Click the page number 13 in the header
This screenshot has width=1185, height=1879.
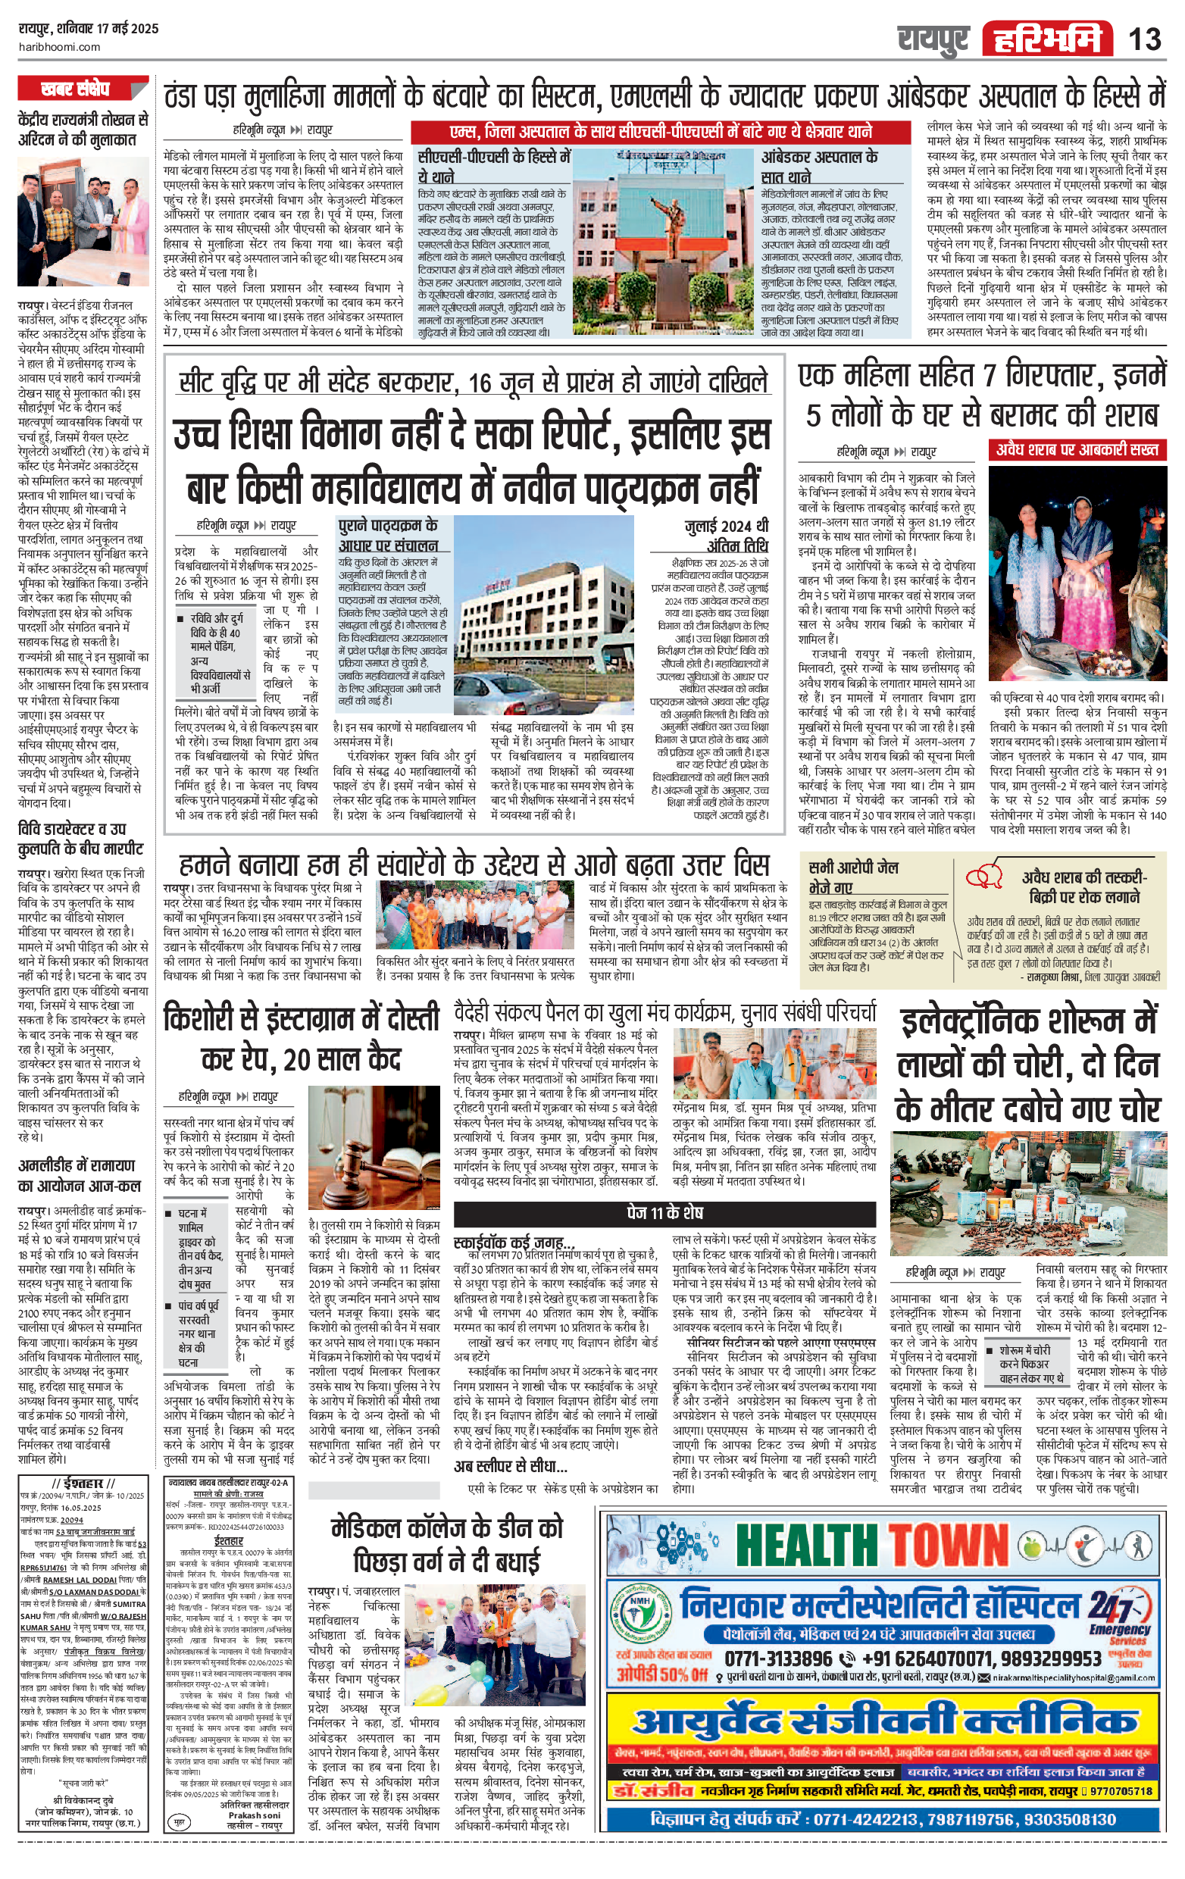tap(1144, 38)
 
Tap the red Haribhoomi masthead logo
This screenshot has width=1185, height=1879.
tap(1048, 38)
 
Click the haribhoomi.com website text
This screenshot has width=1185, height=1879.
tap(59, 47)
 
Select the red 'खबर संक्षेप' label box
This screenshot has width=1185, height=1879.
tap(76, 89)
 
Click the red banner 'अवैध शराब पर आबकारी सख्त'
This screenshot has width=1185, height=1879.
tap(1079, 449)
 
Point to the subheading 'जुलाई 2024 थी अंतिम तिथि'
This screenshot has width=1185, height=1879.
tap(726, 536)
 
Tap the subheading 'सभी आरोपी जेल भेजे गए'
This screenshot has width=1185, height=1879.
tap(852, 877)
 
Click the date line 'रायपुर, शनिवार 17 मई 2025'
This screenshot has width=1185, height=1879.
tap(88, 29)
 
